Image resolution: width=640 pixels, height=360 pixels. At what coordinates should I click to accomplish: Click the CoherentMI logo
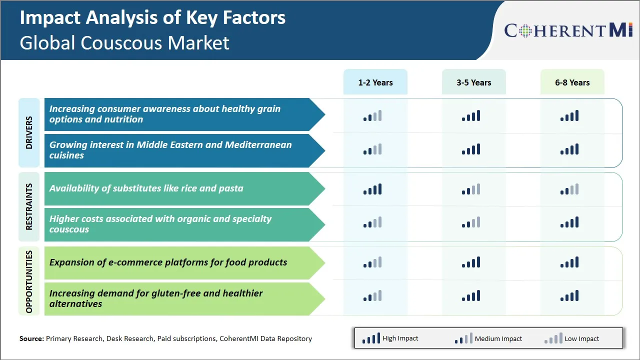pos(569,30)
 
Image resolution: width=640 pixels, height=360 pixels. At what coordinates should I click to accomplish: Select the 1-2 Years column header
pos(375,82)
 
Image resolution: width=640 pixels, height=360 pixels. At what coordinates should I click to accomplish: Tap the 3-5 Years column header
pos(473,82)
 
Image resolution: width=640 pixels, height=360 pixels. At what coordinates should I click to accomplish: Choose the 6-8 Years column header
pos(572,82)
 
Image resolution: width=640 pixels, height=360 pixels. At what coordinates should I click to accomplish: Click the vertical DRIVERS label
pos(29,132)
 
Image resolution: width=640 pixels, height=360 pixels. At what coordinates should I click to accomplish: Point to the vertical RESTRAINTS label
pos(29,206)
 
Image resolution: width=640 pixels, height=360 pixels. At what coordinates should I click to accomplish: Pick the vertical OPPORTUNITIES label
pos(29,281)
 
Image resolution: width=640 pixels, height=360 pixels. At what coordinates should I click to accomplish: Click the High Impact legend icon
pos(371,338)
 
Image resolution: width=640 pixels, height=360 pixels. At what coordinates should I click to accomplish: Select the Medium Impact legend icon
pos(463,338)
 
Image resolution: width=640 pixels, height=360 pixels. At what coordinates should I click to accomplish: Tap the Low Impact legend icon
pos(553,338)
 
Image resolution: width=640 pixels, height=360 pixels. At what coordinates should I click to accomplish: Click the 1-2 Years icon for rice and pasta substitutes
pos(372,189)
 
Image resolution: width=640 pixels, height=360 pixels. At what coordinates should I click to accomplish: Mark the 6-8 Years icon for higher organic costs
pos(569,222)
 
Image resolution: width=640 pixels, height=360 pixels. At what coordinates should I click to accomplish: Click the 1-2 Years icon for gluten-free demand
pos(372,296)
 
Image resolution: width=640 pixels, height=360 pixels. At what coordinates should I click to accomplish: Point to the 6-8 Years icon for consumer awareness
pos(569,116)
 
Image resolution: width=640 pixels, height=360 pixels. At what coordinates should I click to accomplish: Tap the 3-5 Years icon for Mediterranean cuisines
pos(471,149)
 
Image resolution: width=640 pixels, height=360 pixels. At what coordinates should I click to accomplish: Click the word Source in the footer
pos(31,338)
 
